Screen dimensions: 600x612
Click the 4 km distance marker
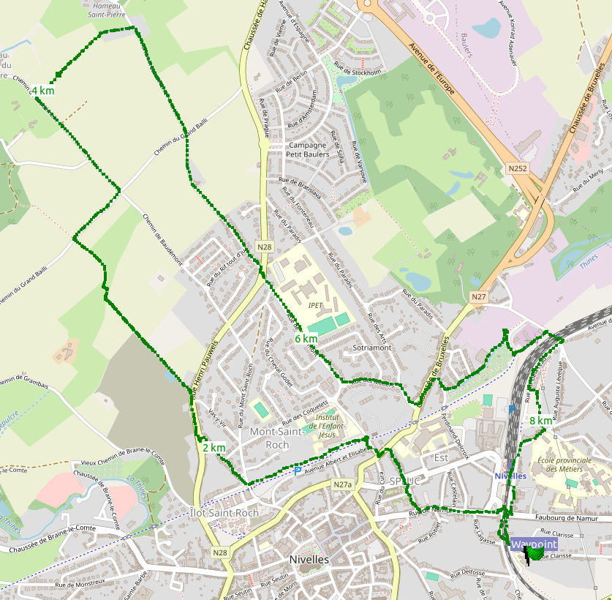click(x=42, y=91)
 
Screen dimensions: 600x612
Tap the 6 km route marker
click(x=306, y=340)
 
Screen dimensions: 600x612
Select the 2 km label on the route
click(x=214, y=448)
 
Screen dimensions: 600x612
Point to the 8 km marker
click(x=540, y=421)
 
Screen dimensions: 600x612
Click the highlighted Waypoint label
click(x=533, y=545)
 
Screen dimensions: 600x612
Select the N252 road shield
click(x=517, y=169)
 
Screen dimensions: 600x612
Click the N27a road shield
click(x=341, y=485)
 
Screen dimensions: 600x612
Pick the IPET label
click(x=315, y=305)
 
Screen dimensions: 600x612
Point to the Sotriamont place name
click(x=372, y=348)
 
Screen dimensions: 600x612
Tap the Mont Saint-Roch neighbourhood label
click(x=269, y=438)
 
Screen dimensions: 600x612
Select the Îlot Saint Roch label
click(x=224, y=513)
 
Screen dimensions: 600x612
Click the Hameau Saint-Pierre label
click(x=106, y=10)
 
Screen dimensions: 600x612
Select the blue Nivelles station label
click(x=511, y=476)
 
